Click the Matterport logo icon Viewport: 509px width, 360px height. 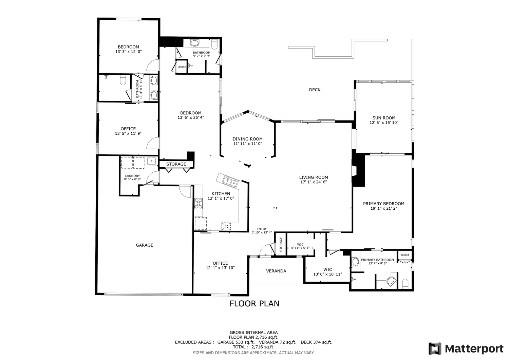point(435,349)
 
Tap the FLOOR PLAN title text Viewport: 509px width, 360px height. point(254,304)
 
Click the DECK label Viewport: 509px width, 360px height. point(315,90)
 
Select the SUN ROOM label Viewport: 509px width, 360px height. point(384,118)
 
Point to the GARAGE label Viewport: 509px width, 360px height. point(145,245)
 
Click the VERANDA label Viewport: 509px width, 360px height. point(276,271)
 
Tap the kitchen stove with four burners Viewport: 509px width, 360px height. point(199,203)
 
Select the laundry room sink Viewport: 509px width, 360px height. point(151,161)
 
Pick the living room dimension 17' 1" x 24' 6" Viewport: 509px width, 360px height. point(314,182)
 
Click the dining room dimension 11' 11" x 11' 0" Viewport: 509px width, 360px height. point(248,144)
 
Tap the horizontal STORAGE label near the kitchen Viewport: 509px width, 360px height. point(176,164)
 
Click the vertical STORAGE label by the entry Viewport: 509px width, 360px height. point(281,244)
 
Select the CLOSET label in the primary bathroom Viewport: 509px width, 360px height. point(405,255)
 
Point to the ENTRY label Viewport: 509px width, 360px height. point(262,229)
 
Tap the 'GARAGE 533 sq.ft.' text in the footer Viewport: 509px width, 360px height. point(236,342)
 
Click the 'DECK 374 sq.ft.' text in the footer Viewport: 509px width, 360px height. point(317,342)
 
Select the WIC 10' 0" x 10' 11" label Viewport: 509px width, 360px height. point(328,272)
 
